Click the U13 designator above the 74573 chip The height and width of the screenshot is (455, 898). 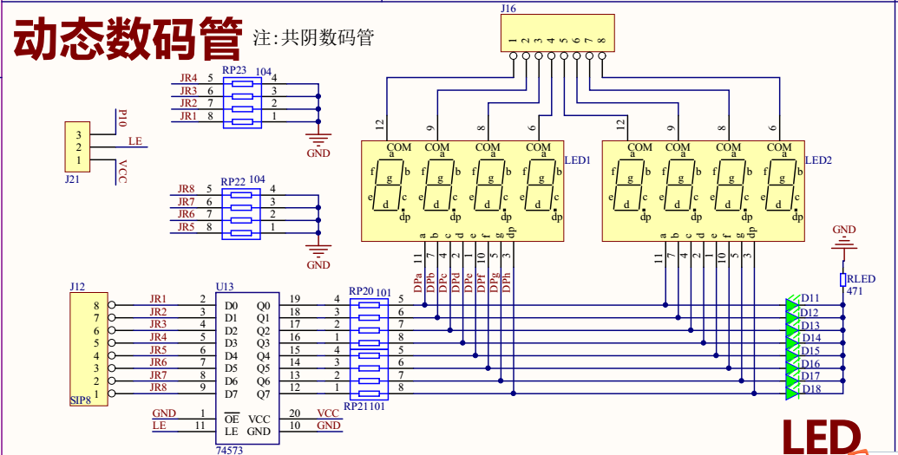click(x=225, y=286)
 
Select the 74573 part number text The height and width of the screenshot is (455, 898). click(x=229, y=450)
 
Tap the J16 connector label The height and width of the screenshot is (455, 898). click(x=508, y=9)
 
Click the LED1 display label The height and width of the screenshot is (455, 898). click(x=577, y=160)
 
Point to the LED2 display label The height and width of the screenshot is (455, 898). click(x=818, y=160)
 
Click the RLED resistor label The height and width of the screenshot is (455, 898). click(x=862, y=279)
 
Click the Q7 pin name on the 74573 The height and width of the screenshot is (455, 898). click(x=263, y=394)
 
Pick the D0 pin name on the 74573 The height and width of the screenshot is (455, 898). click(x=232, y=306)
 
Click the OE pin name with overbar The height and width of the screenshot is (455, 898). click(x=232, y=419)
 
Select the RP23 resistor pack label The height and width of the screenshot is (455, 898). click(x=233, y=70)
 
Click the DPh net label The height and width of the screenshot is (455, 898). click(x=507, y=283)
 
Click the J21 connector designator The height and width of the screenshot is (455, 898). click(x=73, y=179)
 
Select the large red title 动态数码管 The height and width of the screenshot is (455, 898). click(x=128, y=40)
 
